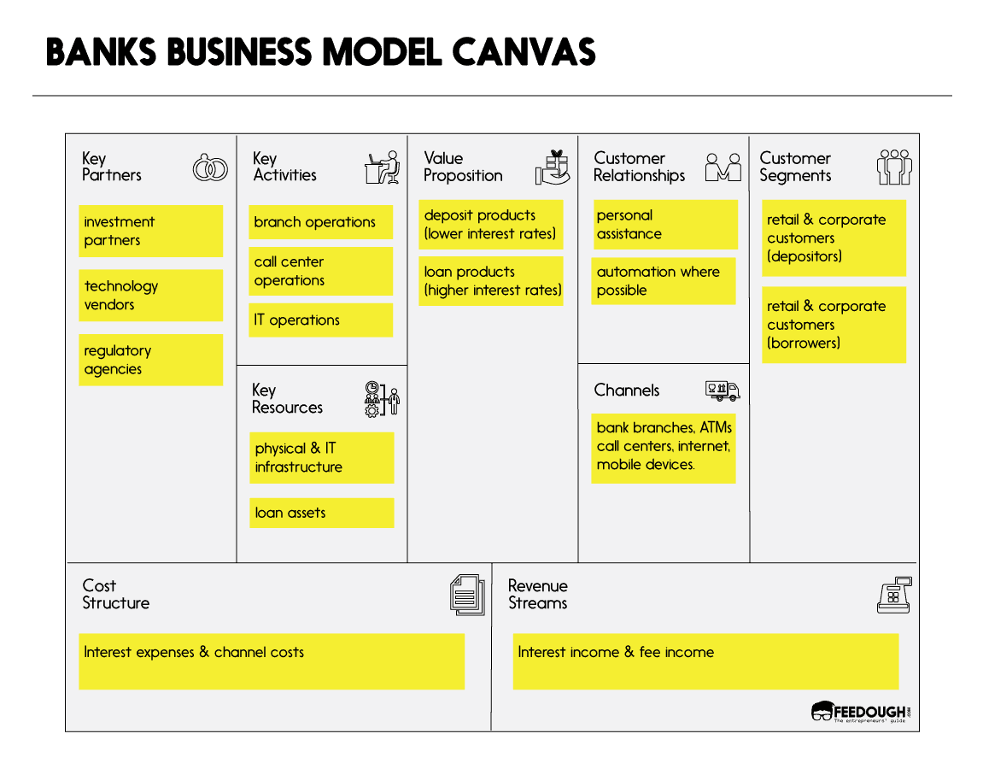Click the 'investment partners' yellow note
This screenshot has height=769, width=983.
click(150, 231)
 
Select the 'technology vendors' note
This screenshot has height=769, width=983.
click(150, 296)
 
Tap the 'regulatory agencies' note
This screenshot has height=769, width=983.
click(150, 360)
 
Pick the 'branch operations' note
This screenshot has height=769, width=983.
click(321, 222)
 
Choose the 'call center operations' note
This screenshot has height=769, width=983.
click(321, 271)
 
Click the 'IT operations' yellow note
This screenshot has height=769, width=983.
click(321, 320)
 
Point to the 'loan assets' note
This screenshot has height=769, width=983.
click(321, 513)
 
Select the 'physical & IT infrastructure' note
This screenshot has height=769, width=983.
click(321, 458)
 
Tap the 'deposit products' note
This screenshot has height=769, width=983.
click(491, 225)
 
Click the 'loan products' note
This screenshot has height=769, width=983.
click(491, 281)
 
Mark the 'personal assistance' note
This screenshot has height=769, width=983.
click(665, 225)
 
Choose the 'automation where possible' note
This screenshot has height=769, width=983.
click(664, 281)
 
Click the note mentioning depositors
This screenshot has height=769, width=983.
click(834, 238)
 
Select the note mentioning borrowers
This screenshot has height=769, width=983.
click(834, 325)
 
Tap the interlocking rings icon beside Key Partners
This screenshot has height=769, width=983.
click(210, 168)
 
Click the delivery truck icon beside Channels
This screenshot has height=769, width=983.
click(723, 391)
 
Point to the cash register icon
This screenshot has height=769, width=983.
click(894, 595)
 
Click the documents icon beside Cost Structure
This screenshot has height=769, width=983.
click(466, 595)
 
